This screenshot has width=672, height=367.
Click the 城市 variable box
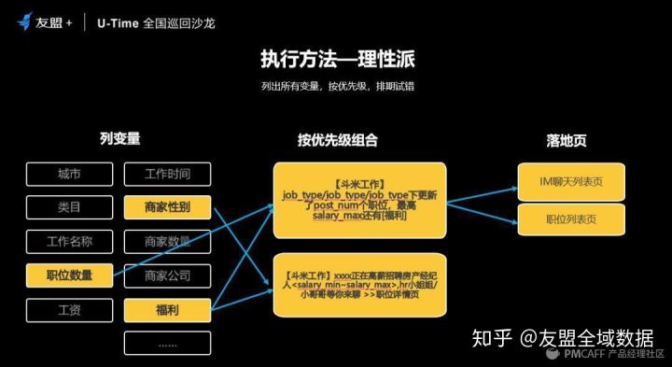[x=69, y=174]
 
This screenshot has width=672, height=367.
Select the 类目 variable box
[x=69, y=207]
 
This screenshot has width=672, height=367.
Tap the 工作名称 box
[x=69, y=242]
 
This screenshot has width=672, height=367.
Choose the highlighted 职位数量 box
[x=69, y=275]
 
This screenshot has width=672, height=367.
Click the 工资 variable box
[x=69, y=309]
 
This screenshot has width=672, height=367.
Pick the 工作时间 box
[x=167, y=174]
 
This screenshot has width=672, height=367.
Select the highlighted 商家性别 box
[x=167, y=207]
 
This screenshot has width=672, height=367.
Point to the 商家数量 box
[x=167, y=242]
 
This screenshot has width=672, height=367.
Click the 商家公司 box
[x=167, y=275]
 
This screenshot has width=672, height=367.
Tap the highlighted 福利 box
[x=167, y=309]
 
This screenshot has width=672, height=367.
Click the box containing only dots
[x=167, y=343]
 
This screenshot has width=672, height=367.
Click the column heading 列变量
[x=119, y=138]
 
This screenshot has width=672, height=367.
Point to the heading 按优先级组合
[x=338, y=140]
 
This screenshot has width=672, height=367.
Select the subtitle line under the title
[x=338, y=86]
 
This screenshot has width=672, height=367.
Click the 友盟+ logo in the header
[x=47, y=21]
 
